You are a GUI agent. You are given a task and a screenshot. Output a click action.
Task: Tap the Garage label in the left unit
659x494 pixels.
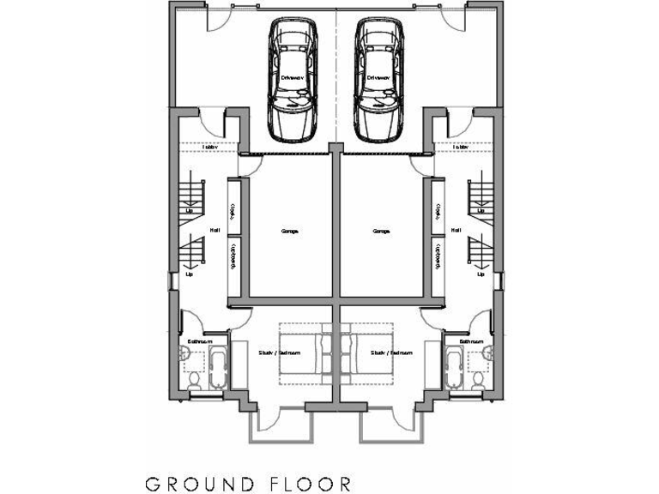click(290, 231)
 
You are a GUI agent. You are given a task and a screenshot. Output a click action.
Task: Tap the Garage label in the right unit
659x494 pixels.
click(382, 231)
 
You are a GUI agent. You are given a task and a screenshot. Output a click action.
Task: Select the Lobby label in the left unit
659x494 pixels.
click(209, 148)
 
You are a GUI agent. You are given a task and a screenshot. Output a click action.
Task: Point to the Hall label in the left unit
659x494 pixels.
click(216, 230)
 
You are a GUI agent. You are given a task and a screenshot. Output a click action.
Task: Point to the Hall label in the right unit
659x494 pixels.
click(456, 230)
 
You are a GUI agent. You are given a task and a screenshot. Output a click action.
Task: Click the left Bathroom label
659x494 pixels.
click(200, 341)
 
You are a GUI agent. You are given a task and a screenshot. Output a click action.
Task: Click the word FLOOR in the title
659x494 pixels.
click(308, 484)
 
